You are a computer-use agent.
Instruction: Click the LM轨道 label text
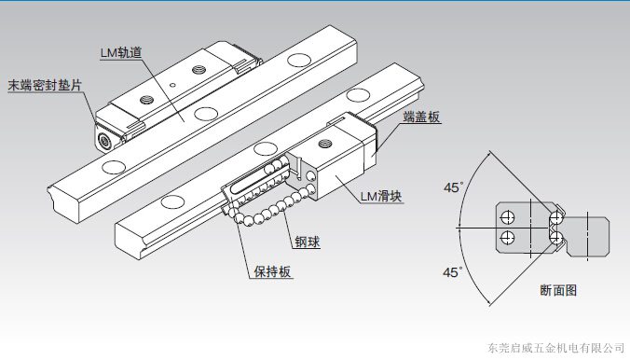tap(121, 52)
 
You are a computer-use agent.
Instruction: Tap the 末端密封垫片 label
tap(45, 85)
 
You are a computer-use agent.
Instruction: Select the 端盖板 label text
tap(421, 117)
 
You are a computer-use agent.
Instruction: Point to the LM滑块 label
tap(381, 196)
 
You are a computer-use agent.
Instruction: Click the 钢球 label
tap(308, 242)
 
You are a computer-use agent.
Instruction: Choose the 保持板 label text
tap(272, 271)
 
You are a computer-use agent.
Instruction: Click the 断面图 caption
tap(558, 290)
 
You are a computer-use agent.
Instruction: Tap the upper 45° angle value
tap(453, 187)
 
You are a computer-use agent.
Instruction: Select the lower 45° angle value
tap(452, 272)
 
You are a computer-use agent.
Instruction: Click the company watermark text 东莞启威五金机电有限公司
tap(555, 348)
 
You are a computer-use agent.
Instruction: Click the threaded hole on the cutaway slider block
tap(324, 144)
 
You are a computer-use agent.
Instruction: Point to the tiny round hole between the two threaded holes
tap(172, 85)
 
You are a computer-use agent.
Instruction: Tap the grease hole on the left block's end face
tap(105, 141)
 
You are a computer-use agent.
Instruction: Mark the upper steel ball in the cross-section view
tap(556, 217)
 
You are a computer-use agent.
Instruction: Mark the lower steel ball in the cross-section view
tap(556, 237)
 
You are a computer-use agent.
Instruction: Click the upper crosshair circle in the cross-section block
tap(508, 217)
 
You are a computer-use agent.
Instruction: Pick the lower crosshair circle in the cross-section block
tap(508, 237)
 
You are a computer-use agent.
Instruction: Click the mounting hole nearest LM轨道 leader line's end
tap(206, 114)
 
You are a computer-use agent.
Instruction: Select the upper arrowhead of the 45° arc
tap(488, 153)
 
